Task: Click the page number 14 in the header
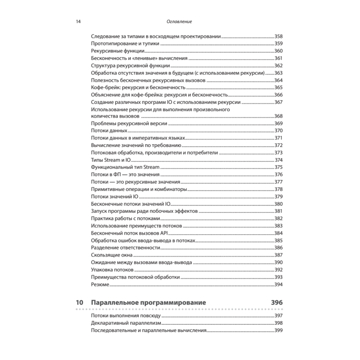point(78,22)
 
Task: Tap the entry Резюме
point(100,284)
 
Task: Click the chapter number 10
point(80,303)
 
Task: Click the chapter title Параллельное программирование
point(149,303)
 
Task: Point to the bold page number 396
point(277,303)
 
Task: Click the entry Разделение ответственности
point(126,248)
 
